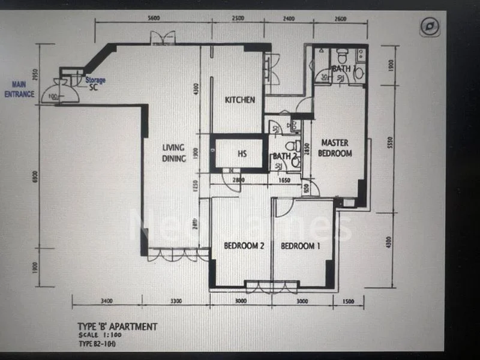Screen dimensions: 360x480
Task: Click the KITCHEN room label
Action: click(x=240, y=100)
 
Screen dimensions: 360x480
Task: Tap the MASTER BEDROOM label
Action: click(x=336, y=148)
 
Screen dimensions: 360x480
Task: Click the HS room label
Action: click(x=242, y=154)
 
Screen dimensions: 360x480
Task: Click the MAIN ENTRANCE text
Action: click(x=20, y=90)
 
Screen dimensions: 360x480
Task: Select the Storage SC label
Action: click(x=94, y=83)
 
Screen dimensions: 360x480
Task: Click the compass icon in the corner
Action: click(x=430, y=26)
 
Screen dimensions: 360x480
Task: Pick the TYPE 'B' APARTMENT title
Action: click(x=118, y=327)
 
